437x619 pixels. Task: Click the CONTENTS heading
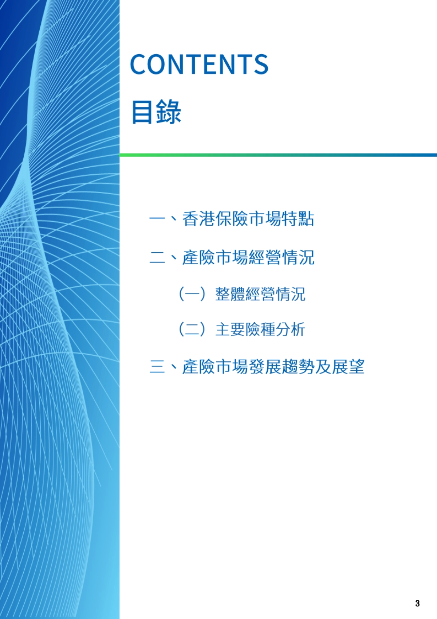[x=199, y=64]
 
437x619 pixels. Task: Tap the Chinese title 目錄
[x=156, y=112]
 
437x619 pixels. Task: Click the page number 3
[x=417, y=603]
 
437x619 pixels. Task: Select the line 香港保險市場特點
[x=248, y=219]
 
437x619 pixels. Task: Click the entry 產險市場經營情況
[x=248, y=257]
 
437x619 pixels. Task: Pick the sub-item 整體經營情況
[x=260, y=294]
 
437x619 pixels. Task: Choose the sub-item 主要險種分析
[x=260, y=329]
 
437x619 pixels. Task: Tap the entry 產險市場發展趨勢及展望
[x=273, y=366]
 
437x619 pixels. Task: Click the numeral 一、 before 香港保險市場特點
[x=162, y=219]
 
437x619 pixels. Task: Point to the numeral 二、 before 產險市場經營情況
[x=162, y=257]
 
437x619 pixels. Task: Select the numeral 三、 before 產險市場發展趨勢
[x=162, y=366]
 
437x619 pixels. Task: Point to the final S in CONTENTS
[x=261, y=64]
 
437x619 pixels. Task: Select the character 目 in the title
[x=142, y=112]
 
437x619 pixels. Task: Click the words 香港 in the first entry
[x=198, y=219]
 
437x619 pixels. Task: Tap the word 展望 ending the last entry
[x=348, y=366]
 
